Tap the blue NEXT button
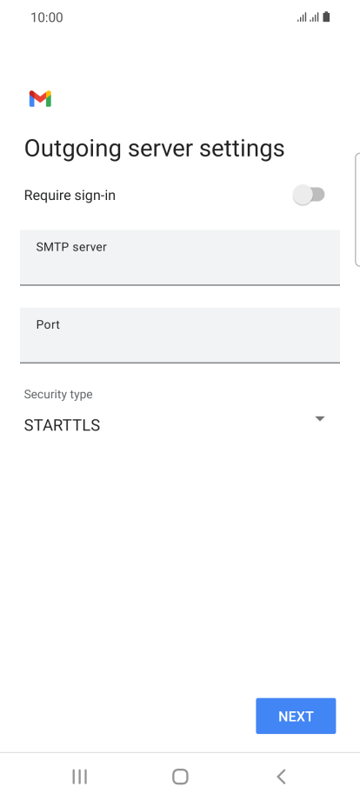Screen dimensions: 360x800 click(296, 716)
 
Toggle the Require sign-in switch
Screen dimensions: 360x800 click(309, 195)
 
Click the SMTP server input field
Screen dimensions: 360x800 click(180, 257)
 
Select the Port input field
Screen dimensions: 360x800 click(180, 335)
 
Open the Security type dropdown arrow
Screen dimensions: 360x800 click(320, 419)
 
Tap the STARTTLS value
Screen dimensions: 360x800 click(63, 425)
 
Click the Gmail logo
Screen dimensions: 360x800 click(40, 98)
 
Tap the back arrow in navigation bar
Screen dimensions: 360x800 click(281, 777)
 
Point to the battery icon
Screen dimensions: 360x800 click(326, 17)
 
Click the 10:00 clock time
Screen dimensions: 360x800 click(47, 18)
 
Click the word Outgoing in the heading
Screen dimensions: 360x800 click(73, 149)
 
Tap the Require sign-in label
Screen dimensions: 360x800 click(70, 196)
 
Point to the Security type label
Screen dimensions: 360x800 click(58, 395)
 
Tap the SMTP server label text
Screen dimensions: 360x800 click(71, 247)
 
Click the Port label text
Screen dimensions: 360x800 click(48, 324)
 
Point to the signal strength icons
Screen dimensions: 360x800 click(308, 17)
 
